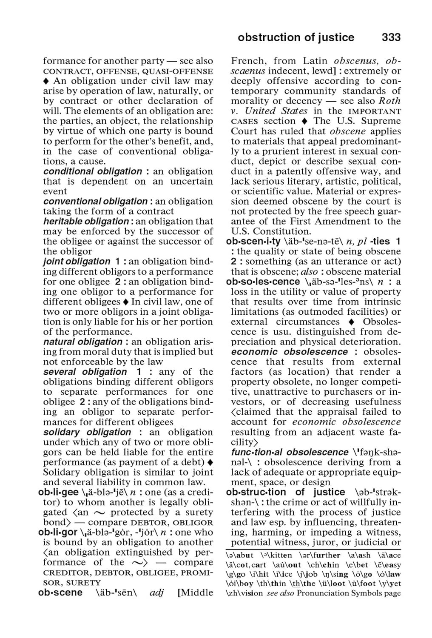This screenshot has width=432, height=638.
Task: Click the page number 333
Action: (391, 37)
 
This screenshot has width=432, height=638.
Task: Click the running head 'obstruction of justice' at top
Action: (296, 37)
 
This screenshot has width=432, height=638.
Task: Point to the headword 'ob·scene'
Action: (60, 593)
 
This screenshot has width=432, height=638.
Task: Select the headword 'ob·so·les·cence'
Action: (263, 282)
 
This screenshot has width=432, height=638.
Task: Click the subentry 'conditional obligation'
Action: (93, 171)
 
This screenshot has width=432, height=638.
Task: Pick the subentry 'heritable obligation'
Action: (86, 222)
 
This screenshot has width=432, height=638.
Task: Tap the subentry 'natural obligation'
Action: (83, 342)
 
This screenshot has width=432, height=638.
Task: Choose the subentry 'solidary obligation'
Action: (87, 432)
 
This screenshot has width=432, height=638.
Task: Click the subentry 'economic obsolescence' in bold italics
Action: (290, 352)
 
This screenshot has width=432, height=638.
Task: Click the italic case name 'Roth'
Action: (389, 101)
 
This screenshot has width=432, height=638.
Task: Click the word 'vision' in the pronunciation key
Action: (250, 593)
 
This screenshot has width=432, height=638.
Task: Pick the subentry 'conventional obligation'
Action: (95, 201)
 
